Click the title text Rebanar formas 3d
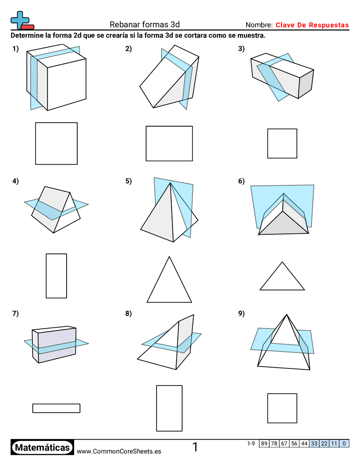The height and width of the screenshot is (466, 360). click(x=144, y=25)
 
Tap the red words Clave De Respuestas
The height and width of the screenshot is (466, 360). click(x=312, y=25)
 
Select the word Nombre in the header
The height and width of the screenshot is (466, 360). click(x=259, y=25)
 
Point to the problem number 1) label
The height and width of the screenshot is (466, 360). click(x=16, y=49)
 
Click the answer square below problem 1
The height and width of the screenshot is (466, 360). click(x=56, y=143)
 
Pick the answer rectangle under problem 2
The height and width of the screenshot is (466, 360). click(x=169, y=143)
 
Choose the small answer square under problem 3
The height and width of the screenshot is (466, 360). click(x=282, y=143)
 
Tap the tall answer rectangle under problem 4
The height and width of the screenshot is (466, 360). click(x=56, y=276)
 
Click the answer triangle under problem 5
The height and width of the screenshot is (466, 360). click(x=169, y=285)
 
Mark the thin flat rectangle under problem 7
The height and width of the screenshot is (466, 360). click(x=56, y=408)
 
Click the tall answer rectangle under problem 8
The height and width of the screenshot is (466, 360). click(x=169, y=408)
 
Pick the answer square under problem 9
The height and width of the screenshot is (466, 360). click(x=282, y=408)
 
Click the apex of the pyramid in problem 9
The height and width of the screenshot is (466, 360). click(x=287, y=315)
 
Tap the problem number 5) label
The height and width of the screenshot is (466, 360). click(x=129, y=181)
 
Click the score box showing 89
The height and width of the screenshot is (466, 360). click(x=264, y=443)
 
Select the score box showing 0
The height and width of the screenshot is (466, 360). click(x=344, y=443)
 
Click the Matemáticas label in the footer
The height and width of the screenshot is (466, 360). click(x=42, y=447)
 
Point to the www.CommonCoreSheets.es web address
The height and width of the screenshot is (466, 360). click(x=119, y=451)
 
